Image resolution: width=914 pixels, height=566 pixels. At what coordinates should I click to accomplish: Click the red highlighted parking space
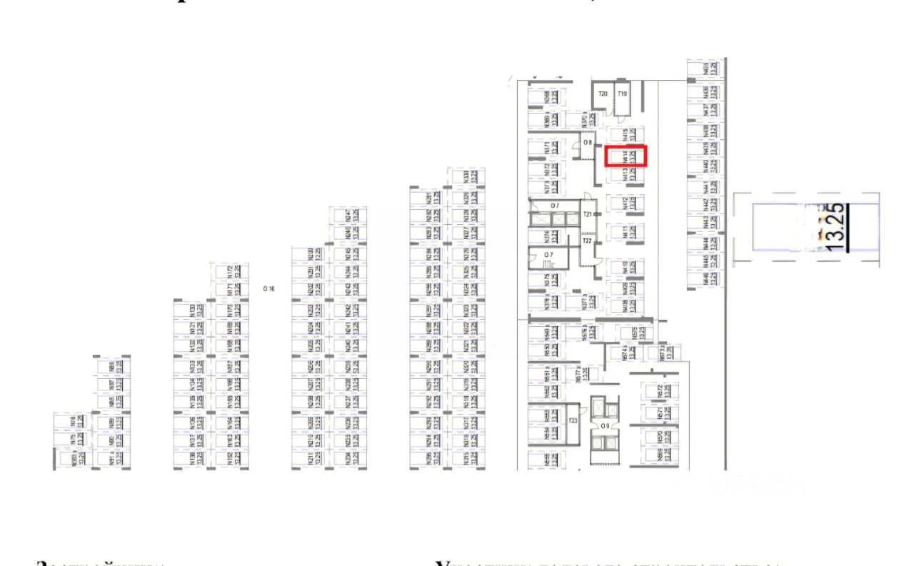[626, 156]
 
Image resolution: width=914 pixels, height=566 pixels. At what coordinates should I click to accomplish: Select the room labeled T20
[603, 94]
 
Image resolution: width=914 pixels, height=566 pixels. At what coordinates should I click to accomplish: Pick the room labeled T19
[622, 94]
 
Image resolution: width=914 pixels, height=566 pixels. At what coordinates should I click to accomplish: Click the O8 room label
[587, 143]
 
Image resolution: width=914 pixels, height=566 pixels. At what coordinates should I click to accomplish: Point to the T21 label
[587, 214]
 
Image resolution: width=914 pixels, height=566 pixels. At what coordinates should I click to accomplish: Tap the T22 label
[587, 241]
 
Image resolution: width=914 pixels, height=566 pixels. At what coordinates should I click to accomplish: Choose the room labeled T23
[573, 421]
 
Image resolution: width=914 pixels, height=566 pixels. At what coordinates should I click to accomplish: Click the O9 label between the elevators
[604, 426]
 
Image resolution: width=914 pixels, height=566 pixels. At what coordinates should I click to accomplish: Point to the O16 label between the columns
[268, 289]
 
